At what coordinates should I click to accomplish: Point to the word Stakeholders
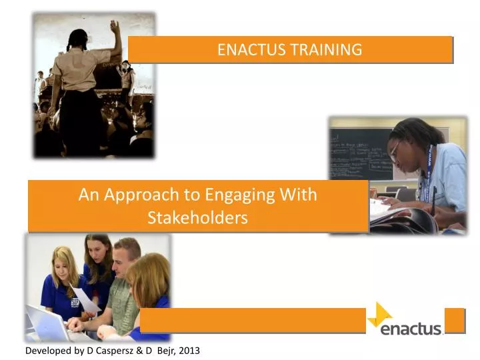coord(197,217)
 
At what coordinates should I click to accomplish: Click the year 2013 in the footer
coord(189,350)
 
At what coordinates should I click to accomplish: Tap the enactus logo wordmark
coord(411,328)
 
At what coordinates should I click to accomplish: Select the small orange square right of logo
coord(454,320)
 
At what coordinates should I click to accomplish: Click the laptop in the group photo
coord(47,323)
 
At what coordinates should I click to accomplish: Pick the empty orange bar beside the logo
coord(253,320)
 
